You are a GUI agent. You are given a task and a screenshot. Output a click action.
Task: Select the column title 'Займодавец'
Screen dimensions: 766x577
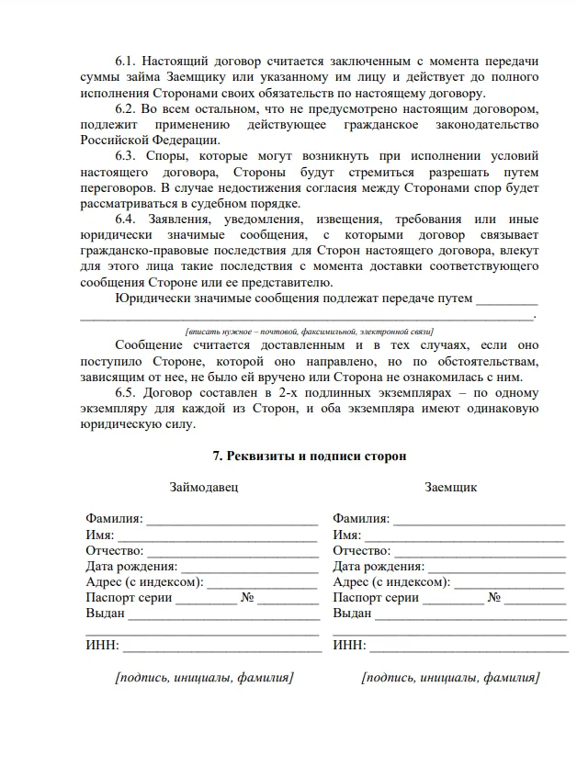coord(202,487)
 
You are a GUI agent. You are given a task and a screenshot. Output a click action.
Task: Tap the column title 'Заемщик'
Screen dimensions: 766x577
coord(450,487)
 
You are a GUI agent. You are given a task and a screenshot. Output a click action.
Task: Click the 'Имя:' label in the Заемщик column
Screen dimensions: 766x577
coord(346,535)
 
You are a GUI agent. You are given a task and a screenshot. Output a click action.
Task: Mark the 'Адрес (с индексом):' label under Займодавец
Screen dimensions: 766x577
coord(144,581)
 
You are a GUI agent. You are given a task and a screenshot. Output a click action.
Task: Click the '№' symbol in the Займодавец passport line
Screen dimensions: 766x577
coord(247,597)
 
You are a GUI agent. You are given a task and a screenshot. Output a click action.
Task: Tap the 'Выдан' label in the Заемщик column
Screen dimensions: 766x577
coord(352,613)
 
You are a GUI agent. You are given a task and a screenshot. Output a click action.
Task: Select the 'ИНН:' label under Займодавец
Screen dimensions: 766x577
coord(102,645)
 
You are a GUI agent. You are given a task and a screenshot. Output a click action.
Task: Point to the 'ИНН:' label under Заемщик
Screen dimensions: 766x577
coord(349,645)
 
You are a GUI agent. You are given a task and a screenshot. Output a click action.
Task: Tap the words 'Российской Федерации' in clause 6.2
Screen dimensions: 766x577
coord(150,140)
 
